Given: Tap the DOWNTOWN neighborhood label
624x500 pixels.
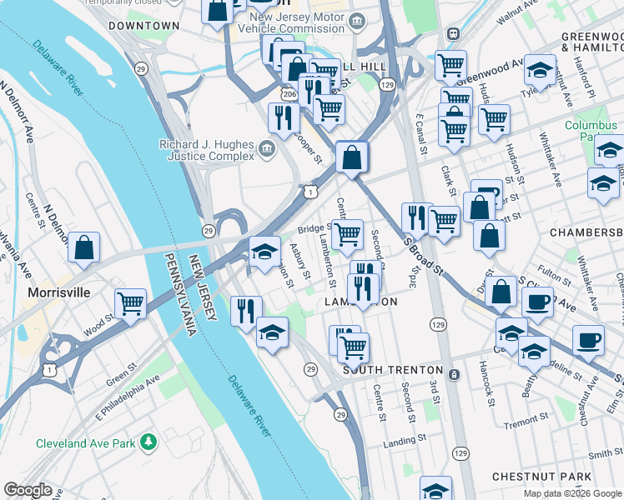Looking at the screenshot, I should click(x=143, y=26).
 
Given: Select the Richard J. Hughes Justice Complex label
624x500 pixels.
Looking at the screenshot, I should click(x=207, y=150).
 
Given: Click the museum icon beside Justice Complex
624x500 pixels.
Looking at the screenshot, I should click(x=267, y=150).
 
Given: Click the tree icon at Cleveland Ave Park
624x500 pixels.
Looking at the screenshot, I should click(x=148, y=440).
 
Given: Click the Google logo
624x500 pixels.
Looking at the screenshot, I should click(x=28, y=490).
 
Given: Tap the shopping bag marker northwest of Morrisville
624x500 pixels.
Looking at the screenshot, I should click(x=84, y=248).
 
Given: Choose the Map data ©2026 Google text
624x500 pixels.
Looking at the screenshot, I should click(x=571, y=493).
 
